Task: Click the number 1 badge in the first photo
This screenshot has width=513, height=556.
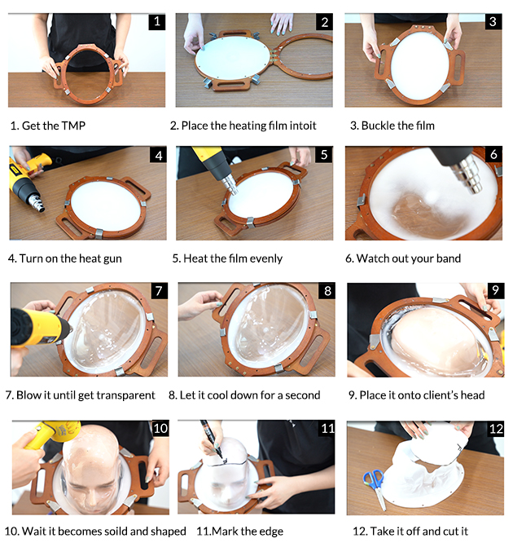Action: tap(157, 22)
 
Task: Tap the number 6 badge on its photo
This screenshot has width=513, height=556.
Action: tap(493, 154)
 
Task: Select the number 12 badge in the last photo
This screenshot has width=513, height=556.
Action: tap(496, 429)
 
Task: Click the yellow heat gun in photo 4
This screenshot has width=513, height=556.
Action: tap(28, 180)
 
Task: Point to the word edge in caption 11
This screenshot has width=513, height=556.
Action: tap(272, 532)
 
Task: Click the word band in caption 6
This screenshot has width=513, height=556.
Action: tap(449, 258)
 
